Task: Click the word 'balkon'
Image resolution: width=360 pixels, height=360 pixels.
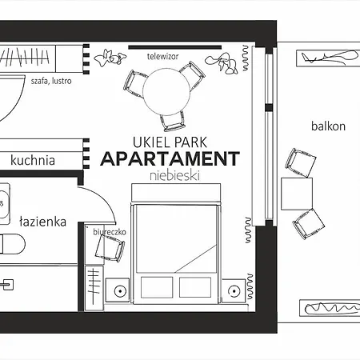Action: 328,126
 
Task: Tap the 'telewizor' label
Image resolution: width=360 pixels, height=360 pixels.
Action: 162,57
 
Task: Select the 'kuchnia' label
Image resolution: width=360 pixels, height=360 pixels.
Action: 33,160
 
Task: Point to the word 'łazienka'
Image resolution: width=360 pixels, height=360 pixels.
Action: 42,222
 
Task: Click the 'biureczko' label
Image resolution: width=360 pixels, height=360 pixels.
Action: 110,232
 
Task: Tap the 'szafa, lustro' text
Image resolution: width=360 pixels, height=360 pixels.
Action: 51,81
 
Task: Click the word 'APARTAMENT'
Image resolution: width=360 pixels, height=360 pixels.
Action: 170,158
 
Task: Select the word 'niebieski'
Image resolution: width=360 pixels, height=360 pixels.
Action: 174,176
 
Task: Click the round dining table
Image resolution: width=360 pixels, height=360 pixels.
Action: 166,91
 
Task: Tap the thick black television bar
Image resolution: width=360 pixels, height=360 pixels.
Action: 175,47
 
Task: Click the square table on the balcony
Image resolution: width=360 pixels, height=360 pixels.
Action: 297,194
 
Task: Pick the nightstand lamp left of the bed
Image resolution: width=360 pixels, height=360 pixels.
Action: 120,290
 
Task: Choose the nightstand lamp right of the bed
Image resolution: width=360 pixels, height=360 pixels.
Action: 234,291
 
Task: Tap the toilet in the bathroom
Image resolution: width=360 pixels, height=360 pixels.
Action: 12,244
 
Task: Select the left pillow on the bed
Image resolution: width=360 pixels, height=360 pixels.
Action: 157,287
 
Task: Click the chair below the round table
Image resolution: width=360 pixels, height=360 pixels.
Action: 173,122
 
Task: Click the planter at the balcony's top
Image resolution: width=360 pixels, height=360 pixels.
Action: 328,58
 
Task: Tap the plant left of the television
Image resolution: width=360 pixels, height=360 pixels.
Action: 110,58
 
